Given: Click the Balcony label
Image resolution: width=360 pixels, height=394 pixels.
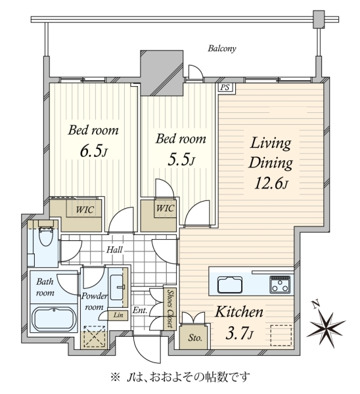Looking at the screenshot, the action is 222,48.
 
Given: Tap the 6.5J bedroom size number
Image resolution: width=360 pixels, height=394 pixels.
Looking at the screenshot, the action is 93,152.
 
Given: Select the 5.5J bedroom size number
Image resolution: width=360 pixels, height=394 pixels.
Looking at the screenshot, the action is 181,160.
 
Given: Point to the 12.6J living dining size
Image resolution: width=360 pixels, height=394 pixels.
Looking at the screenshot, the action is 271,183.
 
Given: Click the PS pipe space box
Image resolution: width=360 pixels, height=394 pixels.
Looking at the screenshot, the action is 225,87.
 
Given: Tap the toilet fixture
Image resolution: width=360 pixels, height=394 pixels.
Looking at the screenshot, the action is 46,233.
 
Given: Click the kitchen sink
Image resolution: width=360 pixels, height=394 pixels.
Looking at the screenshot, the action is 230,285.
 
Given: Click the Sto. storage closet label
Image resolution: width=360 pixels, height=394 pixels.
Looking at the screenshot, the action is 195,338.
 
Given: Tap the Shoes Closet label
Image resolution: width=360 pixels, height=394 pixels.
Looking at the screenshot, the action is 170,309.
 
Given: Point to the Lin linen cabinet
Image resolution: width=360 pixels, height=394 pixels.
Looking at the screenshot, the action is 118,315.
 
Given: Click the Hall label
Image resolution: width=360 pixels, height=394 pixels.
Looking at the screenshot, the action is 114,250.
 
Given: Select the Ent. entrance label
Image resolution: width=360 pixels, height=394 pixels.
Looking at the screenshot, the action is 140,311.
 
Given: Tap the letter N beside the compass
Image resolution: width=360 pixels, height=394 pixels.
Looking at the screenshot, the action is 316,304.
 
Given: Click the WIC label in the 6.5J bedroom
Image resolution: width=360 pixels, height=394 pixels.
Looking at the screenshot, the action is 85,209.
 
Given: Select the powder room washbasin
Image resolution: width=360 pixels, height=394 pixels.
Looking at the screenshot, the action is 117,287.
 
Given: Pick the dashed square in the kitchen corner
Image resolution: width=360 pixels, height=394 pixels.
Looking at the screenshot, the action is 281,336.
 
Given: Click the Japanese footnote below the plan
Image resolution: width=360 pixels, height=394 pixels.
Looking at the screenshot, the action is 180,377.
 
